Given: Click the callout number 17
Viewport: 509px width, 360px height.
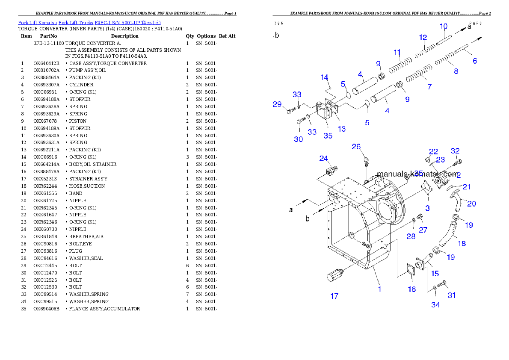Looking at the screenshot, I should [x=334, y=295].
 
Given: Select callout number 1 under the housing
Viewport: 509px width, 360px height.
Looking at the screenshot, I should [x=379, y=289].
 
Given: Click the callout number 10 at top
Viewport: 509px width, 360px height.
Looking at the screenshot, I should [x=444, y=26].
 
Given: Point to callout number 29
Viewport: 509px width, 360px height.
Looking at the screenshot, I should [x=277, y=104].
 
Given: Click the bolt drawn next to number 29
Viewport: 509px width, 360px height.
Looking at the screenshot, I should [x=290, y=112].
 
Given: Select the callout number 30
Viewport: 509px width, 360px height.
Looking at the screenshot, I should [x=298, y=139].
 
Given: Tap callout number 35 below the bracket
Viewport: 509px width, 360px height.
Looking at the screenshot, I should [x=328, y=136].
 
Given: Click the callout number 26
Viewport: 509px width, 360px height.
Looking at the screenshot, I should [x=356, y=147].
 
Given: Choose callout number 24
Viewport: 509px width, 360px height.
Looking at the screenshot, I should [x=323, y=159].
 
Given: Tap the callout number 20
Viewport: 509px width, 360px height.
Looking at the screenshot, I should [x=471, y=204].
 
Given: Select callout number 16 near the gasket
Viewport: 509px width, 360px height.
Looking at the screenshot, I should [x=411, y=289].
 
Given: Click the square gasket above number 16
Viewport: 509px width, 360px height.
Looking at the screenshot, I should [x=409, y=271].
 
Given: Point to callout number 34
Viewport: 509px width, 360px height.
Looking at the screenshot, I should [x=435, y=304].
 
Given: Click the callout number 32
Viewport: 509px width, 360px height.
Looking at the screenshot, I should [x=455, y=151].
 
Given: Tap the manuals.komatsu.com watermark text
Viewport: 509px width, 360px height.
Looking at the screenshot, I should [x=417, y=174].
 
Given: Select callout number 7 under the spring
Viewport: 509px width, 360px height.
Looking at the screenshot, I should [x=429, y=87].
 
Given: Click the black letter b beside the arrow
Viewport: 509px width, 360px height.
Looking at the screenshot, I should [x=307, y=219].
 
